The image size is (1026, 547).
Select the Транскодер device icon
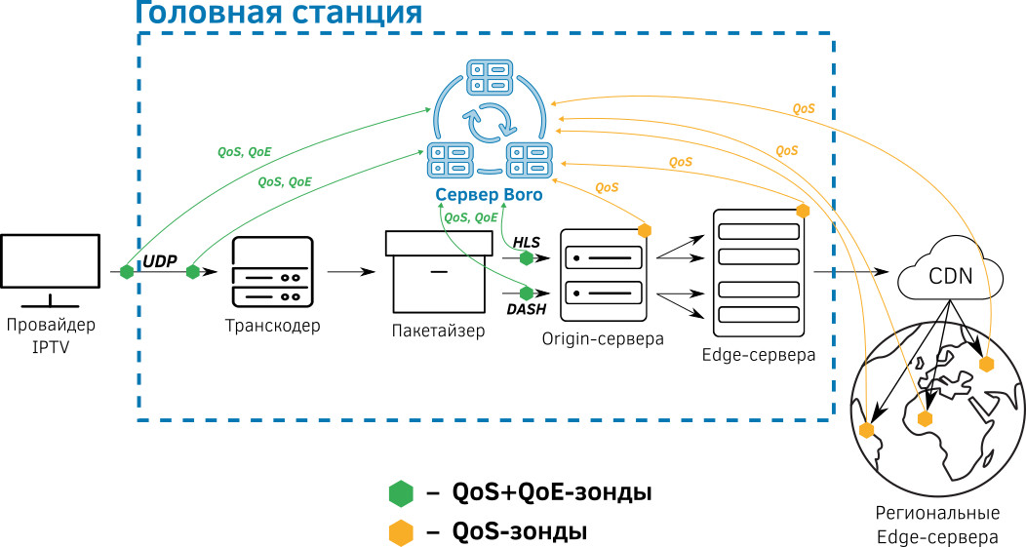point(272,273)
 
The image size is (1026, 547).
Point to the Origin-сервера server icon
point(603,276)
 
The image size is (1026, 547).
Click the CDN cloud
point(950,274)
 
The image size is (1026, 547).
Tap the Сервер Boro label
point(489,196)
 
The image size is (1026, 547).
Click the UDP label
point(161,260)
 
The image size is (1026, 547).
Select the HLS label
point(527,242)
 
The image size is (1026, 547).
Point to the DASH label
point(526,309)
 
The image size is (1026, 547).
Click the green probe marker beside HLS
point(527,258)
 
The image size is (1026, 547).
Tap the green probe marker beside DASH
point(527,293)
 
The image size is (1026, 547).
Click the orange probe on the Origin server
point(644,230)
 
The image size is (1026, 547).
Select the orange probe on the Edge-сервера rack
point(803,211)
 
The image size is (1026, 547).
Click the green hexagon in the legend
point(401,493)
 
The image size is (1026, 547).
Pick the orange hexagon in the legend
point(401,532)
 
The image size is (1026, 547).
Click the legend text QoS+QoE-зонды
point(552,493)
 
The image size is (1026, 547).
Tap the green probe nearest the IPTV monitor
point(126,272)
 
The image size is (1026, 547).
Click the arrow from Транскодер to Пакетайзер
point(352,273)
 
